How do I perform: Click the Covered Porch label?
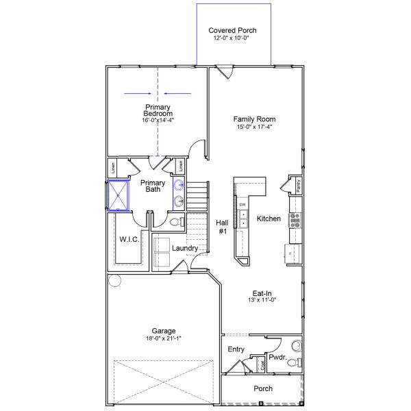click(234, 31)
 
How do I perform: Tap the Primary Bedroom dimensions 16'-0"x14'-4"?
click(158, 120)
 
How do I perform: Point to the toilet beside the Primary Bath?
click(175, 222)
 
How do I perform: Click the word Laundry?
click(185, 248)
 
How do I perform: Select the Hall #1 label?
click(222, 227)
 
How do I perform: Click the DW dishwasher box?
click(242, 205)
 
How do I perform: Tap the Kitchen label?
click(269, 219)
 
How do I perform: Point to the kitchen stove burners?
click(295, 219)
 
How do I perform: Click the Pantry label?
click(299, 185)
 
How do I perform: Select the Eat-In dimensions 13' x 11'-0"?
click(264, 300)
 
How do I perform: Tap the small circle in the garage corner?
click(114, 280)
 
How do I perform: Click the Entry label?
click(236, 349)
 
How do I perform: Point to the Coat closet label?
click(262, 365)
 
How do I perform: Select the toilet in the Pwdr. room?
click(293, 362)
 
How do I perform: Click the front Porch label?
click(263, 388)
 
